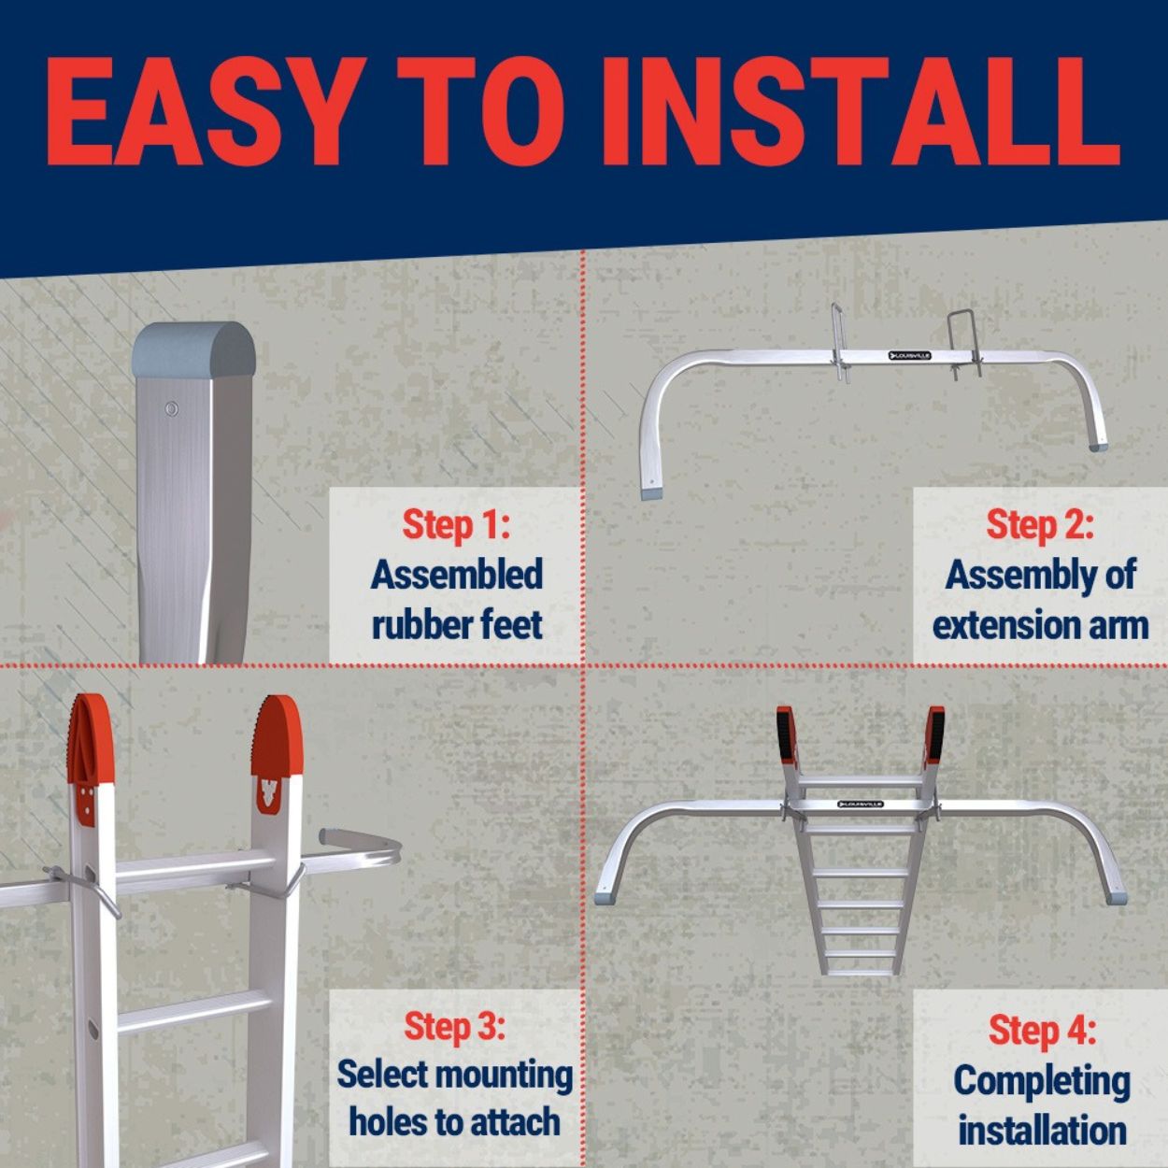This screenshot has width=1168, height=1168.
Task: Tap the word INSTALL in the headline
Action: pyautogui.click(x=859, y=111)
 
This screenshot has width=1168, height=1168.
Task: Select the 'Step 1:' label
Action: pyautogui.click(x=456, y=525)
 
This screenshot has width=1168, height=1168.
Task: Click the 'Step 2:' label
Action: pyautogui.click(x=1040, y=525)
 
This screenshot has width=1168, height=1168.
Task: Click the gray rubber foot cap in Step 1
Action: pyautogui.click(x=194, y=350)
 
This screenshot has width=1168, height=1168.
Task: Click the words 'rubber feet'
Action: pyautogui.click(x=456, y=625)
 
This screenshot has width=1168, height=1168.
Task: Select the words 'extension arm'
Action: pyautogui.click(x=1040, y=625)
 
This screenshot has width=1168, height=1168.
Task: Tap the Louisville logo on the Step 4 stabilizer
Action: pyautogui.click(x=860, y=805)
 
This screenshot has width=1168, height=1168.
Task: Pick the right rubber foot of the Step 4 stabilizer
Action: pyautogui.click(x=1114, y=898)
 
